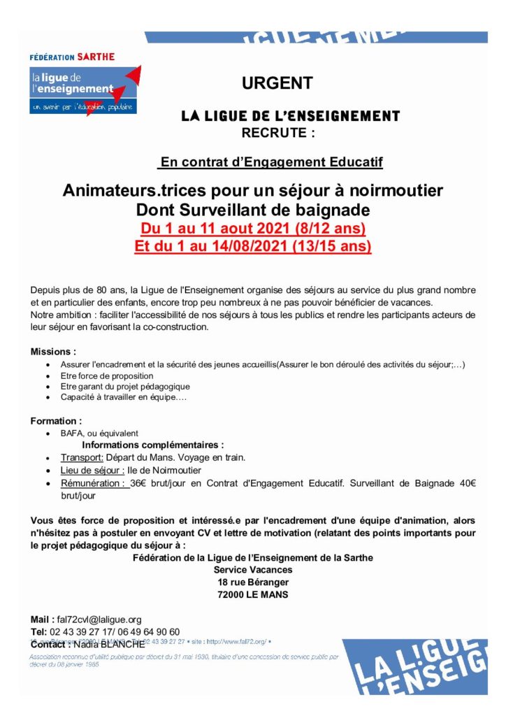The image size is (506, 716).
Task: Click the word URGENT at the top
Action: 277,84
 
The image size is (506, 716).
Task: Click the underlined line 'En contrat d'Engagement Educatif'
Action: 272,163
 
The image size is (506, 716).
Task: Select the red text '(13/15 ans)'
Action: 334,246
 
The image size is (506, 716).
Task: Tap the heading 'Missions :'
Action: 53,351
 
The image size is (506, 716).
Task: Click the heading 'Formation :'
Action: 56,421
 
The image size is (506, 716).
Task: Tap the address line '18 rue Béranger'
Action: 252,582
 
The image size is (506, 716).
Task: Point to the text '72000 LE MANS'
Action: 252,595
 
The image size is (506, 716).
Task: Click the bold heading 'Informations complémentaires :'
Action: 153,445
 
